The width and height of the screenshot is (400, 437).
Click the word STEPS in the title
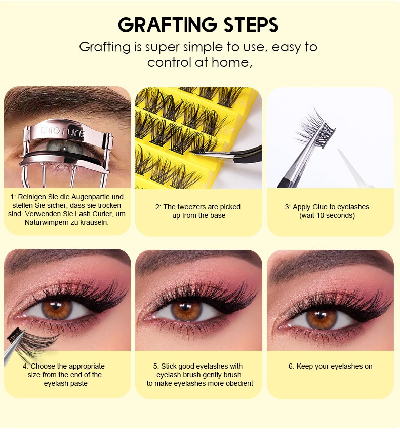pyautogui.click(x=251, y=25)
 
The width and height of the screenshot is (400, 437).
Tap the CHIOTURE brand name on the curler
pyautogui.click(x=62, y=132)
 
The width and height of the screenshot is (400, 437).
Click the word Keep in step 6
pyautogui.click(x=303, y=366)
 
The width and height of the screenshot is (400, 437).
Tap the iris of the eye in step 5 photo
pyautogui.click(x=186, y=309)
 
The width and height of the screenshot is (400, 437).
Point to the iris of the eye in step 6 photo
pyautogui.click(x=322, y=318)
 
